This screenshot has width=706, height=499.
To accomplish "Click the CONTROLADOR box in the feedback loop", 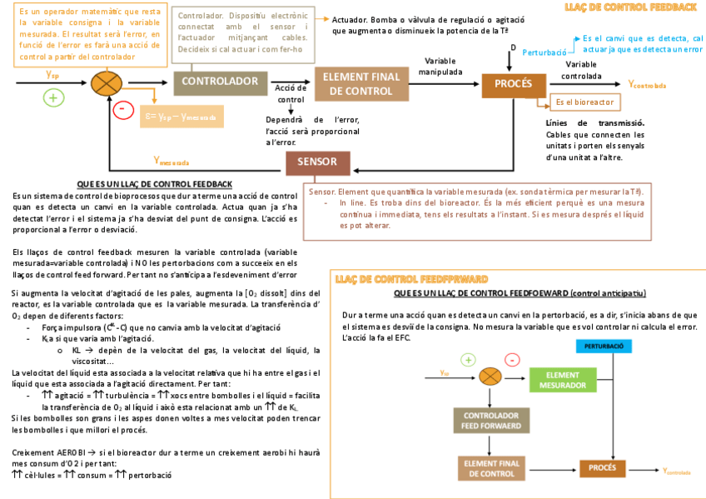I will (220, 82).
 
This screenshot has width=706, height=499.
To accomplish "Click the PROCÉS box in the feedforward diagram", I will (602, 468).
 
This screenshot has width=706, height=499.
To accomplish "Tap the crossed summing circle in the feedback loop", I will (106, 84).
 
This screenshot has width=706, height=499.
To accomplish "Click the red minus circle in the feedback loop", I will (122, 108).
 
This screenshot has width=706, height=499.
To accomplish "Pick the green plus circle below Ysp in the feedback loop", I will (54, 97).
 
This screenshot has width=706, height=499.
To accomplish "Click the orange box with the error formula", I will (180, 117).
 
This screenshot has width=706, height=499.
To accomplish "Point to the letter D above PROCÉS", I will (513, 47).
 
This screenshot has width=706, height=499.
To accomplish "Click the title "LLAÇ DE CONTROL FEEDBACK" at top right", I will (629, 7).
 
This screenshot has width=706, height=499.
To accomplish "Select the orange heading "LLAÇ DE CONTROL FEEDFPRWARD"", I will (410, 278).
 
